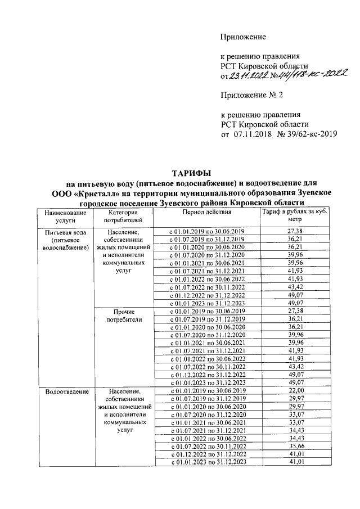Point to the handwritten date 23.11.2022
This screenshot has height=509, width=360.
[250, 75]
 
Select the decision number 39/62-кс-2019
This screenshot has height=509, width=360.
[307, 134]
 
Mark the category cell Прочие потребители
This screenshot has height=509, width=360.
[123, 315]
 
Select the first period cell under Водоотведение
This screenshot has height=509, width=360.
[206, 391]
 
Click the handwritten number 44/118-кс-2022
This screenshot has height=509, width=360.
[311, 73]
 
